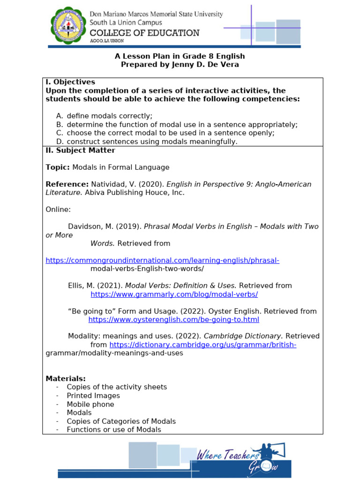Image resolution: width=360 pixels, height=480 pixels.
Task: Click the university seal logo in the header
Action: pos(68,27)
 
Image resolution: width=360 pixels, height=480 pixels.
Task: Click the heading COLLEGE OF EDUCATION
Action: pos(144,33)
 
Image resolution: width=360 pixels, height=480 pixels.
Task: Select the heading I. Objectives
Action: pos(70,82)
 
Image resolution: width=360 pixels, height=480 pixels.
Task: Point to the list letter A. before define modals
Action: pos(59,116)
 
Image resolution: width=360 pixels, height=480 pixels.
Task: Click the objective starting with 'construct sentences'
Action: pos(152,142)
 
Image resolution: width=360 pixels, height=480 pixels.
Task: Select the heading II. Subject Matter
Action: pos(80,150)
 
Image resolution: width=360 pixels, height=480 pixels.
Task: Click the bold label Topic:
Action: pos(58,167)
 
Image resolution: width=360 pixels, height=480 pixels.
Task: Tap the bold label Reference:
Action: pos(67,184)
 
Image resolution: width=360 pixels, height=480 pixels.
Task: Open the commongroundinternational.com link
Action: pos(162,260)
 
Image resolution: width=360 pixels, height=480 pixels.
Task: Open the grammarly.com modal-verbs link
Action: pos(174,294)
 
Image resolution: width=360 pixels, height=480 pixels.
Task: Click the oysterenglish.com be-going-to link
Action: pos(173,320)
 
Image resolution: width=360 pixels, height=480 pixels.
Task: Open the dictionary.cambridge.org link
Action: pos(202,345)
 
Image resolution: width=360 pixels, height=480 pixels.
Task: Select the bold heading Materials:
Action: pos(66,378)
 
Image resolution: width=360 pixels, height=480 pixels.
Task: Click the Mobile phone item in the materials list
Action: pos(90,404)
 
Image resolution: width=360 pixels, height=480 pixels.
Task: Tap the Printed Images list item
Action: pos(93,396)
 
